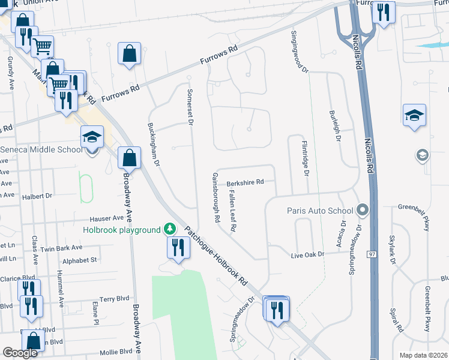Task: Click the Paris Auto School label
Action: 321,211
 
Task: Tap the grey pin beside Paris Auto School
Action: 362,211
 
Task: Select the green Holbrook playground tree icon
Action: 170,229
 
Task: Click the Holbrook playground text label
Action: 122,230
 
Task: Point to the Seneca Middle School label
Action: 40,149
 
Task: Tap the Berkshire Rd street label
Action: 245,182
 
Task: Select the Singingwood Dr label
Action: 298,52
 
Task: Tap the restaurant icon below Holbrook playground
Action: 176,248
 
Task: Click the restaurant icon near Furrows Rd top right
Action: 383,13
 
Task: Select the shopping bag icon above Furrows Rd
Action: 129,54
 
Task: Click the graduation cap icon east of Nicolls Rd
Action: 414,115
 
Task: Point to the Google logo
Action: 20,353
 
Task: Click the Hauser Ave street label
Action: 106,218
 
